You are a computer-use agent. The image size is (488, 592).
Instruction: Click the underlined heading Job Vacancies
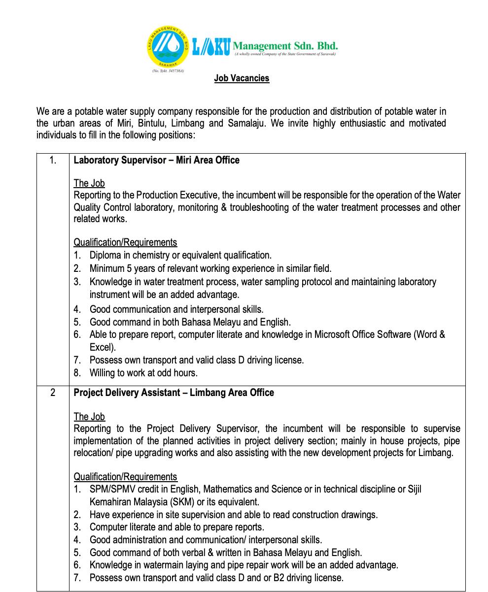242,78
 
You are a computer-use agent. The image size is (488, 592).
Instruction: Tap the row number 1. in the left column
53,160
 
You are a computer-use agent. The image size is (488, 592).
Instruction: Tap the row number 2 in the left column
53,393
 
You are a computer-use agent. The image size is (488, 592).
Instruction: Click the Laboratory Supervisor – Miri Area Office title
156,160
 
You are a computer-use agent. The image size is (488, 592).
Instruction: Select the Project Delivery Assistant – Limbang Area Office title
174,393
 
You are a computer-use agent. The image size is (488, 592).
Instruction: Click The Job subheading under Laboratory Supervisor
89,183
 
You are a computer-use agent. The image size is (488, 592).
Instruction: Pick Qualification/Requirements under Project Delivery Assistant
125,477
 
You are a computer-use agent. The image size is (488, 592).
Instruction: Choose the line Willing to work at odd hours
143,373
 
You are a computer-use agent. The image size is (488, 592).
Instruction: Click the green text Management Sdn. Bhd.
285,46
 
